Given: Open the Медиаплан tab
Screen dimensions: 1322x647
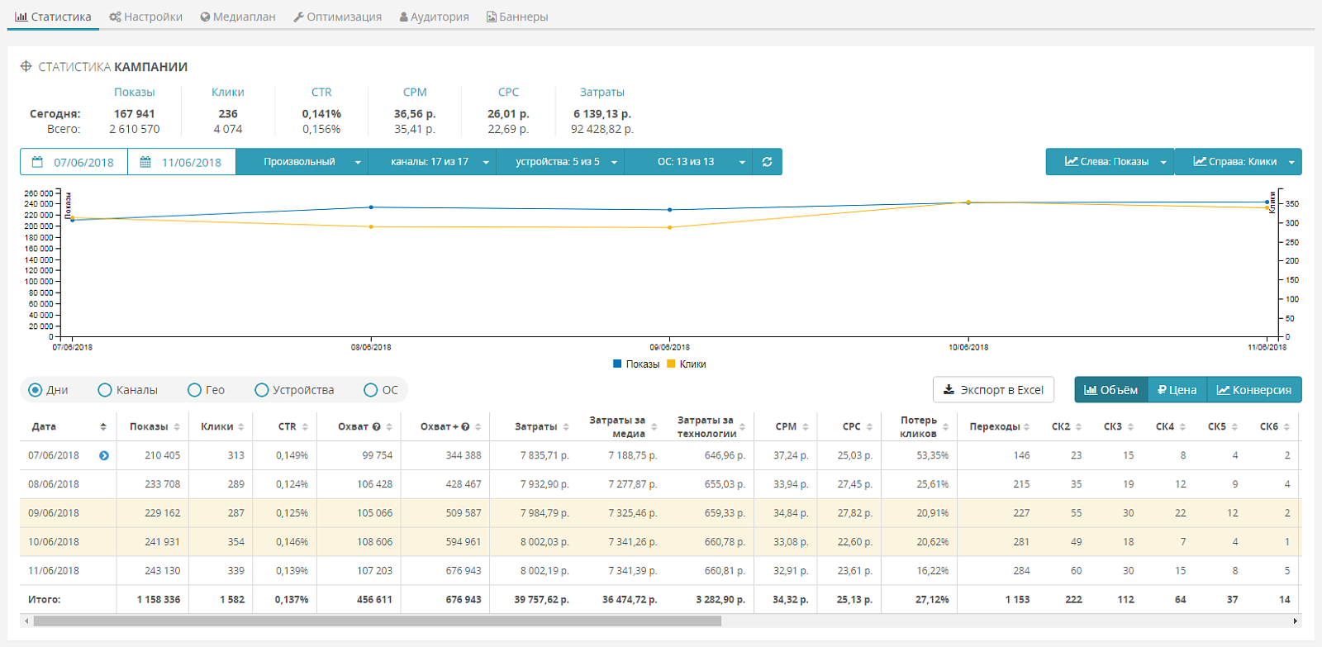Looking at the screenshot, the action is [238, 17].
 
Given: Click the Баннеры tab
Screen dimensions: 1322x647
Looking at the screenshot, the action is [517, 17].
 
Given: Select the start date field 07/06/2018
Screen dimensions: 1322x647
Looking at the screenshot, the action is [74, 162].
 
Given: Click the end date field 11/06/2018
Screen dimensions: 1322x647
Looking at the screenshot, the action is [182, 162].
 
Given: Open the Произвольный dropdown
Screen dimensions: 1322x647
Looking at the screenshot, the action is [302, 162].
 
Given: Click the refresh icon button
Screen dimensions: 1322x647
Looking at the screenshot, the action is [768, 162].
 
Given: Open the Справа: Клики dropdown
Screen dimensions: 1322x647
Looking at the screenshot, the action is [1238, 162].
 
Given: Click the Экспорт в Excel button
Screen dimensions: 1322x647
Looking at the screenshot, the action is [993, 390].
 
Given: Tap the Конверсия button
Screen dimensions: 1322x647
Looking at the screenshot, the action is [1254, 390].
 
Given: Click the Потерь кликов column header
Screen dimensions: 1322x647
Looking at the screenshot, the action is [918, 426].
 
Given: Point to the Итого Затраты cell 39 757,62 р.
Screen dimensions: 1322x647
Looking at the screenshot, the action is [541, 599].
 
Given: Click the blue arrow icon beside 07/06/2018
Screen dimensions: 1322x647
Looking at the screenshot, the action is [104, 456].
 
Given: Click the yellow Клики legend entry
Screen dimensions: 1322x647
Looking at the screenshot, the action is [687, 364].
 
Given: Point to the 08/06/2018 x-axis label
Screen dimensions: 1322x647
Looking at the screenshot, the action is [371, 347].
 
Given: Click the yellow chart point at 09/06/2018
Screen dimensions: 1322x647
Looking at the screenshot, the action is [669, 227].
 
